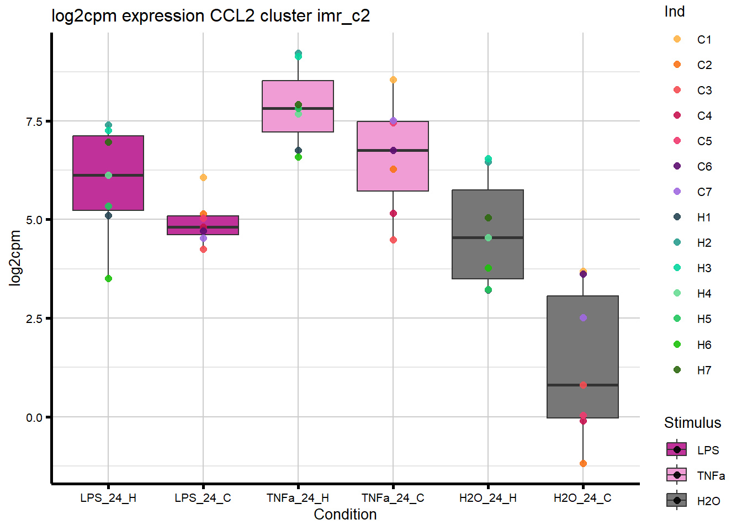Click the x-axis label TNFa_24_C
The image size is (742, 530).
coord(393,498)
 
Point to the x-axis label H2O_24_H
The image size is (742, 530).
coord(488,498)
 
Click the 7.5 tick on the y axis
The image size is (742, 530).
coord(34,121)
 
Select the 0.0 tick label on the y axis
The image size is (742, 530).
coord(34,417)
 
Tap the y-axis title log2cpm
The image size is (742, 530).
coord(15,258)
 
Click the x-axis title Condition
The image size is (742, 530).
coord(345,515)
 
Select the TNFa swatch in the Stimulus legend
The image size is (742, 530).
coord(677,475)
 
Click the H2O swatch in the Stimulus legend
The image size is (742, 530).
coord(677,501)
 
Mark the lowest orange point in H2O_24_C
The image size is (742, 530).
coord(583,464)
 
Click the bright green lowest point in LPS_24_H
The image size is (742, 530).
coord(108,279)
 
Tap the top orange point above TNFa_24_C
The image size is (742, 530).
coord(393,80)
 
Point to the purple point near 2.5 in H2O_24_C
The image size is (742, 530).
coord(583,318)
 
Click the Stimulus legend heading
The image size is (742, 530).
coord(692,423)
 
